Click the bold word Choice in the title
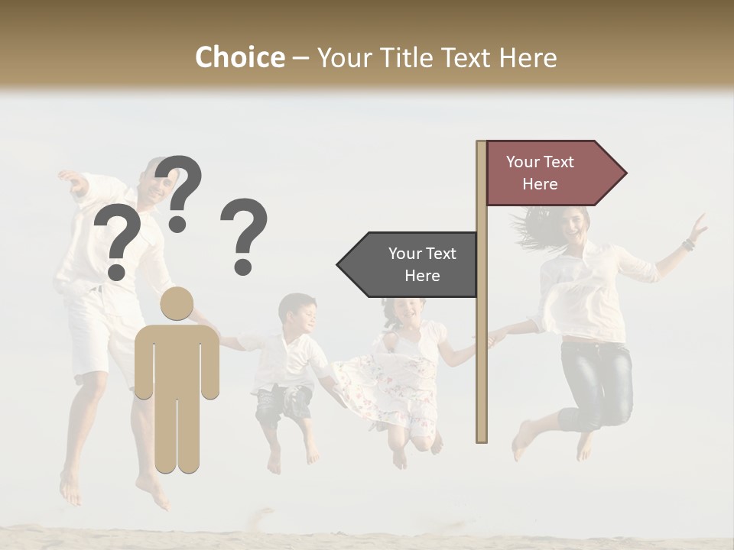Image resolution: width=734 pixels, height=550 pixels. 239,58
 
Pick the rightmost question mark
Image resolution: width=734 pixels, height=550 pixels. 244,235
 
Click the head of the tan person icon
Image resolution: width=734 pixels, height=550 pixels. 177,305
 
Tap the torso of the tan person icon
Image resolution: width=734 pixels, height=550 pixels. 177,359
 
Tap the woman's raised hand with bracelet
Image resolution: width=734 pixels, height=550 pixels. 697,228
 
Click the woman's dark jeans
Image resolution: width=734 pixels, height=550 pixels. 596,382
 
